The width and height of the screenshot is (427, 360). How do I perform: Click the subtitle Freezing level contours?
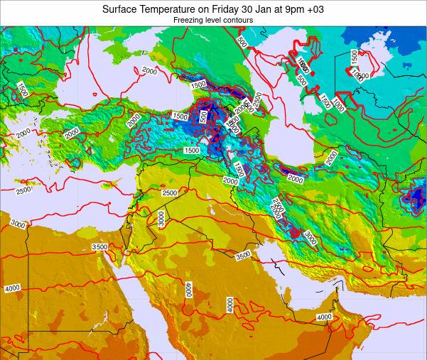(213, 21)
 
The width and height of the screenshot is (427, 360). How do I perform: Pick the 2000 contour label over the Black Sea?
(149, 71)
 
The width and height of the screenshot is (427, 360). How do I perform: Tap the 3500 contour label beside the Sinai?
(99, 247)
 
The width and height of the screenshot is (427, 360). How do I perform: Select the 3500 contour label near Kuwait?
(243, 256)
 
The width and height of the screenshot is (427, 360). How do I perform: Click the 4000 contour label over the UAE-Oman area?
(324, 317)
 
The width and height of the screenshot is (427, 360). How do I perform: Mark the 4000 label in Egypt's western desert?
(12, 288)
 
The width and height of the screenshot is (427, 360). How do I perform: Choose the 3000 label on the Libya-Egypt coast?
(18, 225)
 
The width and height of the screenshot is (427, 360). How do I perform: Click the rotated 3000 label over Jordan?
(161, 219)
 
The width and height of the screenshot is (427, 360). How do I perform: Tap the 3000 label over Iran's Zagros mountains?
(310, 236)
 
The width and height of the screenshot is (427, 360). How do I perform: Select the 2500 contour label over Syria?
(169, 193)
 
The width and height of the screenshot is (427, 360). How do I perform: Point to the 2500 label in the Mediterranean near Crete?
(23, 190)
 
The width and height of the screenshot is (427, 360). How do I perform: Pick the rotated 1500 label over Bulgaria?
(23, 89)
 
